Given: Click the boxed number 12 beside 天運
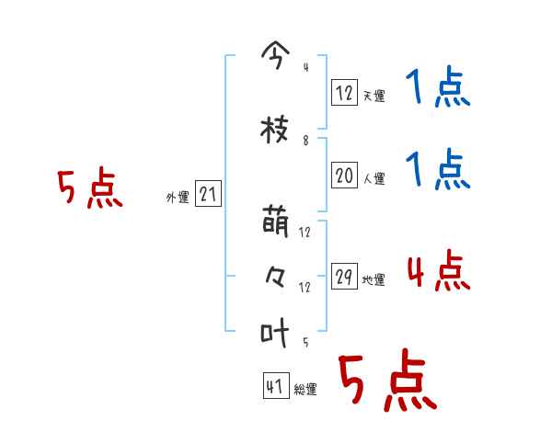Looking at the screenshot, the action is (x=344, y=91).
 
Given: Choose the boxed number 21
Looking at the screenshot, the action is (x=208, y=194).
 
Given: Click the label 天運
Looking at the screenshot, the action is (x=374, y=96).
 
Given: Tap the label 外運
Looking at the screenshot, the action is (x=178, y=198).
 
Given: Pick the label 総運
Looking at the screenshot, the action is (x=305, y=390).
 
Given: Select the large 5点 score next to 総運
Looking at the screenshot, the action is (x=386, y=381).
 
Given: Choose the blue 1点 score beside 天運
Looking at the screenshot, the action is (x=437, y=89).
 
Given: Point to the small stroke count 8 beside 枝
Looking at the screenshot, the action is (x=305, y=142).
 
